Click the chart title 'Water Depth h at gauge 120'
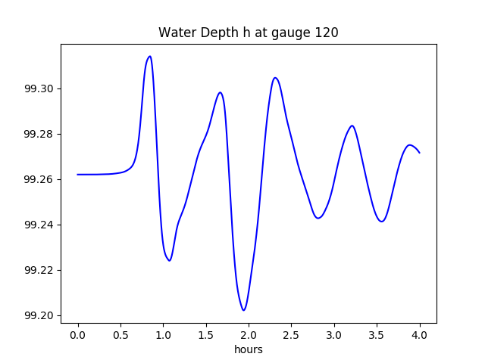248,33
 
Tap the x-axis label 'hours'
248,349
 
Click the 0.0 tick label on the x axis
78,334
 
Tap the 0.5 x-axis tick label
120,334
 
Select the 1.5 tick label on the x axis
206,334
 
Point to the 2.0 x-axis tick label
249,334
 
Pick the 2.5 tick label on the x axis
292,334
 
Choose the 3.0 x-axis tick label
334,334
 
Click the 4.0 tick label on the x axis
420,334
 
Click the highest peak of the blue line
149,56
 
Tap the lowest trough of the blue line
244,310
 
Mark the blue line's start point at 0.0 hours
78,175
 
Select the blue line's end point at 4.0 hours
419,153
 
